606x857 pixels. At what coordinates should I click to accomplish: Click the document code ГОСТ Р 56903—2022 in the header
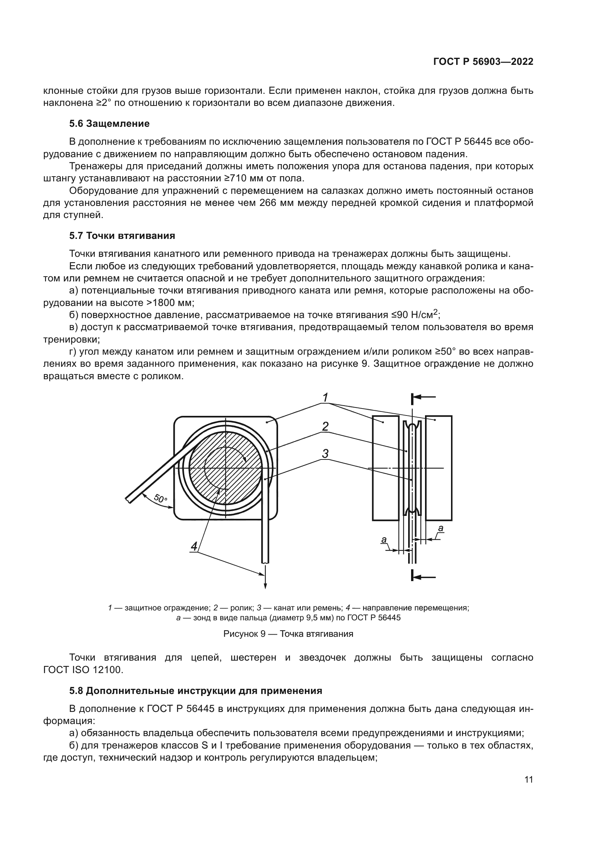(x=483, y=62)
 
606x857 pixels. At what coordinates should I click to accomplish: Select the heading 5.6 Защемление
(x=109, y=123)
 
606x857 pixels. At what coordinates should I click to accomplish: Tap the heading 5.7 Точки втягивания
(x=122, y=236)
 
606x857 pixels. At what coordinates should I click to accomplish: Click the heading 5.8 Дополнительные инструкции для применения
(x=196, y=691)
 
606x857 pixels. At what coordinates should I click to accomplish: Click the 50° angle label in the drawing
(x=160, y=498)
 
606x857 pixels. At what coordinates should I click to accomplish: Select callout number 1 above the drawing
(x=325, y=397)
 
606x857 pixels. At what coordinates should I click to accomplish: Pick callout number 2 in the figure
(x=325, y=426)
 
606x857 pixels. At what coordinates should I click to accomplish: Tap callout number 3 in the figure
(x=325, y=454)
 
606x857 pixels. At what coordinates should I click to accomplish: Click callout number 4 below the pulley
(x=194, y=546)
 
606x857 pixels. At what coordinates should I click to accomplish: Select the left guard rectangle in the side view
(x=385, y=468)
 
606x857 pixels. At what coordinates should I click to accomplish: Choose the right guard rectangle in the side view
(x=439, y=468)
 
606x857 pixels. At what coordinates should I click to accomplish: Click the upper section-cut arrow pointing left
(x=424, y=398)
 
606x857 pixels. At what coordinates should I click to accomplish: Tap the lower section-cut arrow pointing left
(x=424, y=577)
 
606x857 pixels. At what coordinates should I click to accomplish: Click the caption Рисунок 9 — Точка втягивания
(x=288, y=633)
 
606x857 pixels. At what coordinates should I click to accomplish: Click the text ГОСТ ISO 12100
(x=83, y=670)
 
